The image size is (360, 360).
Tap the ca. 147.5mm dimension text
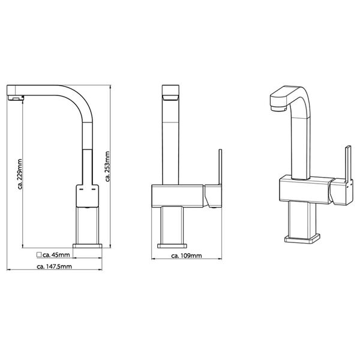55,266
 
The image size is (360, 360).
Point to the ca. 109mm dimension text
186,256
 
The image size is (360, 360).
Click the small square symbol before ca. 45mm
39,254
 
